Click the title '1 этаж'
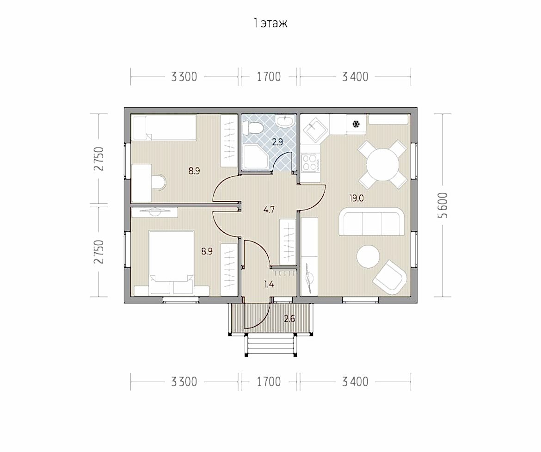[270, 23]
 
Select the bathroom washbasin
[285, 120]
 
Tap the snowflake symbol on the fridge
[356, 124]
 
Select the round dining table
[383, 164]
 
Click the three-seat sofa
[372, 221]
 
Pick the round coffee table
[368, 257]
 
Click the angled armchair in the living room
[390, 277]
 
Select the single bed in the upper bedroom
[164, 128]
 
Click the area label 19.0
[357, 198]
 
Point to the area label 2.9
[277, 142]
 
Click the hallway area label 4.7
[269, 209]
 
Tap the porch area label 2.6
[289, 319]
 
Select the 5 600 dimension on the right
[444, 205]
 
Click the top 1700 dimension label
[269, 77]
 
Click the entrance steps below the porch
[270, 346]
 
